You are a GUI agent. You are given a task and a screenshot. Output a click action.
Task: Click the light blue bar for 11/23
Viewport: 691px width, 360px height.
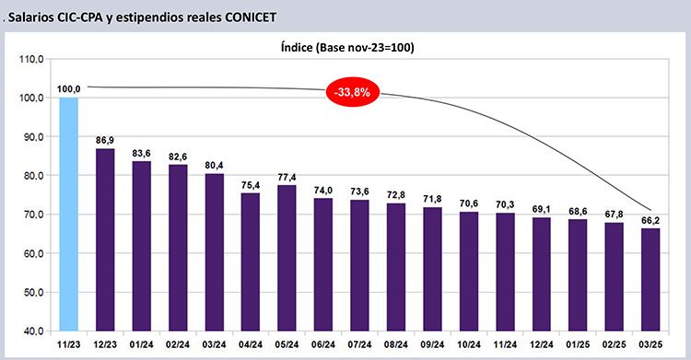point(69,215)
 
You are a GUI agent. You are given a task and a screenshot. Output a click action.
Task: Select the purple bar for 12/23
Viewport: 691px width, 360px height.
point(105,239)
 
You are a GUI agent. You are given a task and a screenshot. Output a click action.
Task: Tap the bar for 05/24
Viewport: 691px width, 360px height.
point(287,258)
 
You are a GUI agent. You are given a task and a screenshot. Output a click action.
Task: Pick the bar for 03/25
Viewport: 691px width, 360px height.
point(650,279)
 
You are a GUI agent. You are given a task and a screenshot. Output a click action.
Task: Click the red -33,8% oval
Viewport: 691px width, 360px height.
point(353,93)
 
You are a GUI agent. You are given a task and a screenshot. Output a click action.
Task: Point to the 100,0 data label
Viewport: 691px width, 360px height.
point(69,89)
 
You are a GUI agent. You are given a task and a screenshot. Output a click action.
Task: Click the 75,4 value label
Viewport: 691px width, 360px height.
point(251,185)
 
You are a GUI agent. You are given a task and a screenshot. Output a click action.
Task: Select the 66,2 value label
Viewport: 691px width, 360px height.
point(650,220)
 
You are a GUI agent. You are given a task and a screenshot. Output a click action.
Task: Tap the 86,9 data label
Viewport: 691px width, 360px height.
point(105,141)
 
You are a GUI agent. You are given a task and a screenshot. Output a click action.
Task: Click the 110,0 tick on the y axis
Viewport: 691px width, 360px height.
point(31,59)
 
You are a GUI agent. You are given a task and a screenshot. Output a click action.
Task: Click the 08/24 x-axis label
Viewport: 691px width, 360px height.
point(396,344)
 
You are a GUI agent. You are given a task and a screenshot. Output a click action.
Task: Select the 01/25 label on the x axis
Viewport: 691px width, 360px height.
point(578,344)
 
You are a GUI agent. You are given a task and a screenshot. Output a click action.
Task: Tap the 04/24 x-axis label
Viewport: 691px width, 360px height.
point(251,344)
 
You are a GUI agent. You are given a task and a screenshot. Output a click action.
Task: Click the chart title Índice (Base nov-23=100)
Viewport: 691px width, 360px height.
point(347,47)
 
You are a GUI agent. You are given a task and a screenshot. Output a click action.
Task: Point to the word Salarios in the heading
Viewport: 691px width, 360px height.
point(30,17)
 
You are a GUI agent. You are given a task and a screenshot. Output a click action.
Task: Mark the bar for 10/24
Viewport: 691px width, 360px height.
point(468,272)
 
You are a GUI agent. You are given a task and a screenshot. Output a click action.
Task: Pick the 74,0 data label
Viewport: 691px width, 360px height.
point(323,191)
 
